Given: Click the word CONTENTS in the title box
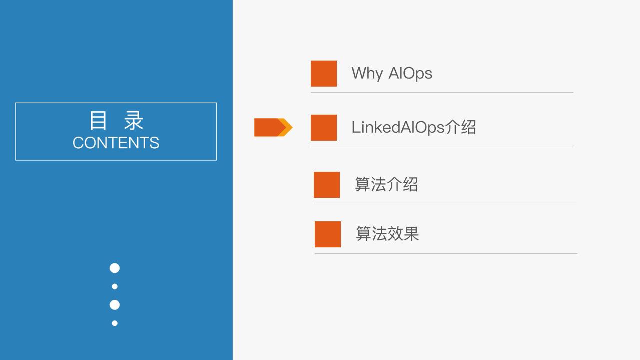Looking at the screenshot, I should (116, 143).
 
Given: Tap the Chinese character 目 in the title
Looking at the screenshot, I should (98, 121).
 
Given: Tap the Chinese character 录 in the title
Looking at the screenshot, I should (134, 121).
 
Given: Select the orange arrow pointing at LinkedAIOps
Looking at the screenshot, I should (272, 127).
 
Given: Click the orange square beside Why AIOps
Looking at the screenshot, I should (324, 74).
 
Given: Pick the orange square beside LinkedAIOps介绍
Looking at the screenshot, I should (324, 128).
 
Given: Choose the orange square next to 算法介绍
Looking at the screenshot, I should (327, 185).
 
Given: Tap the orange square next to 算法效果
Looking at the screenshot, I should (328, 234).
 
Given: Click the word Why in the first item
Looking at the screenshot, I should (367, 74).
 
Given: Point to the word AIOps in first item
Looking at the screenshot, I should (410, 74).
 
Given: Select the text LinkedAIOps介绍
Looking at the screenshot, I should (413, 127).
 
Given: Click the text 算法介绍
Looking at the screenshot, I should (386, 184).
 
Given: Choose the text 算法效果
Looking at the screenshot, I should (387, 234).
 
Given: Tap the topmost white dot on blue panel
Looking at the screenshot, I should (115, 268).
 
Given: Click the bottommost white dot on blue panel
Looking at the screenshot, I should (115, 323).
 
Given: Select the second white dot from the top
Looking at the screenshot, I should (115, 286).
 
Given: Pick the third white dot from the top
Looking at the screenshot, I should (115, 305).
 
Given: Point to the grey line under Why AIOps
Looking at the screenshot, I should (442, 93).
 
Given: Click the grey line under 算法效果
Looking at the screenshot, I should (446, 254).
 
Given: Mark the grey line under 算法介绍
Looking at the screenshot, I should (445, 204).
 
